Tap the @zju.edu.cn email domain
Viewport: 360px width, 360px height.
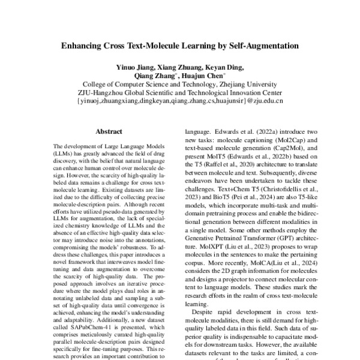coord(264,102)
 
